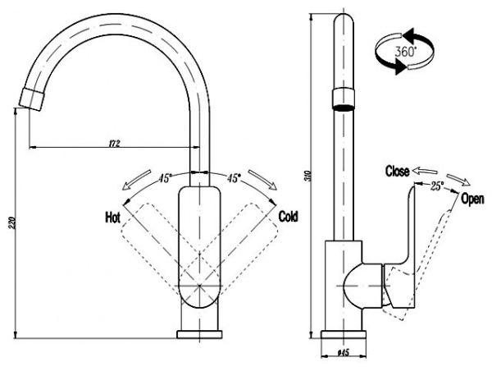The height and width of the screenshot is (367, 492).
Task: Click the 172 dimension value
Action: (x=114, y=144)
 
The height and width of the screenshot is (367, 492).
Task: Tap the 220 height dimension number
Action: (x=13, y=222)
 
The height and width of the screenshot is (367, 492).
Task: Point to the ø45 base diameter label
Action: (x=343, y=353)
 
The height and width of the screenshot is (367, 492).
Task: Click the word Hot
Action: (x=112, y=218)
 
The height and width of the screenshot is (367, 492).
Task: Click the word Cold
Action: (x=288, y=217)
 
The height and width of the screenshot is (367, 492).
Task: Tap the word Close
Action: (x=397, y=172)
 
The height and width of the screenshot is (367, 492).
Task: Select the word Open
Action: (x=472, y=199)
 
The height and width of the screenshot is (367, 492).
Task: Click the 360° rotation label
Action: (x=405, y=51)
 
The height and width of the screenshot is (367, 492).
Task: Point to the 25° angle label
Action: (x=437, y=186)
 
